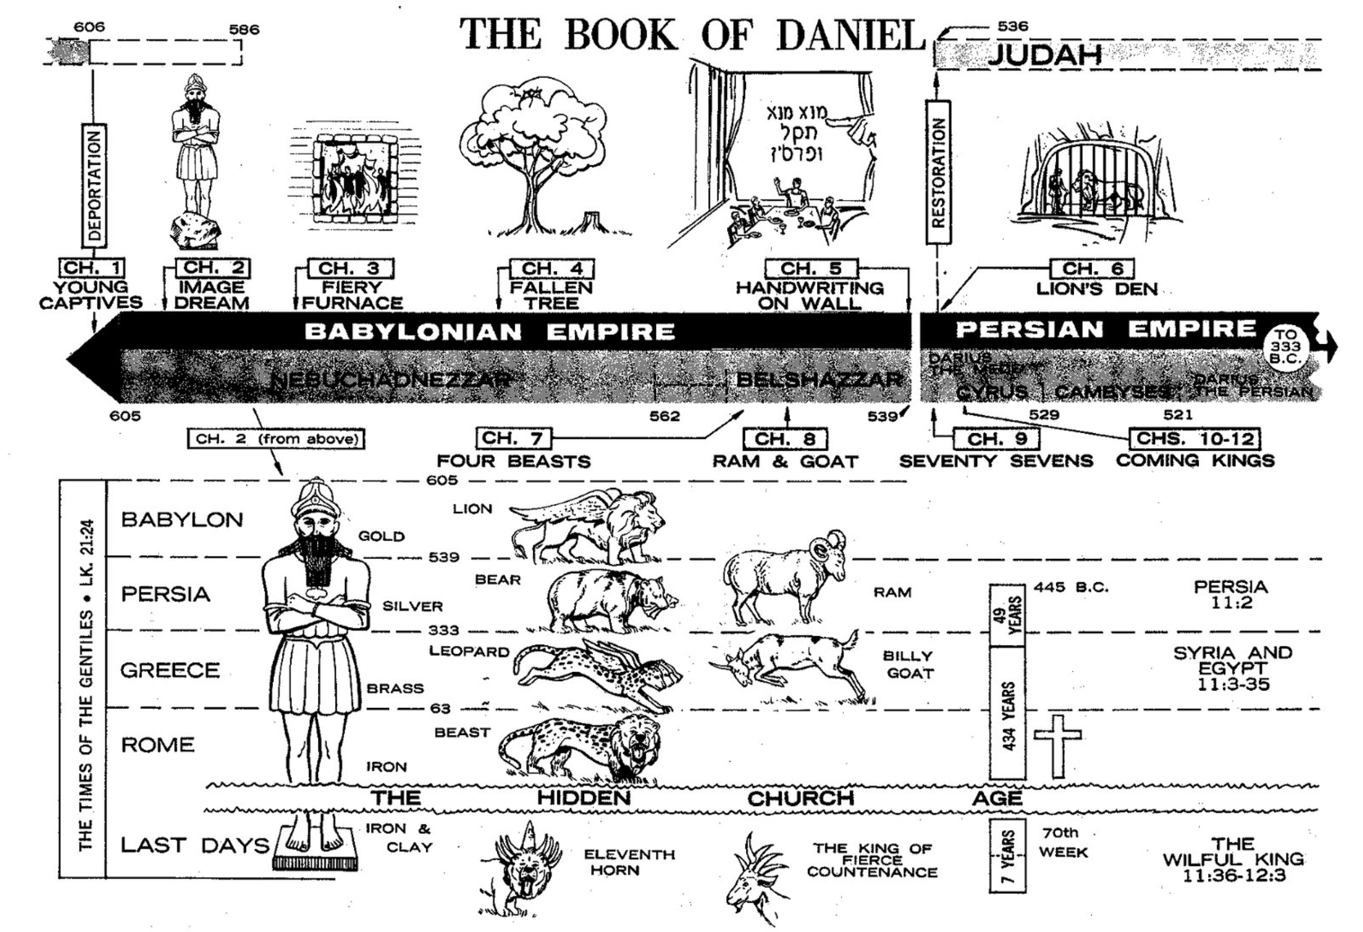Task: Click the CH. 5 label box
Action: (811, 268)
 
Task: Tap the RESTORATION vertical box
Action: (938, 172)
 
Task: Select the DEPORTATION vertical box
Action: (94, 186)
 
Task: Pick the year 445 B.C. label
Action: (1071, 587)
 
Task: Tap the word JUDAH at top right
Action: (1045, 55)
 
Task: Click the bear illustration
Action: (610, 600)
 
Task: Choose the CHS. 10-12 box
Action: (1195, 438)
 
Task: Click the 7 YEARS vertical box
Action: (1007, 855)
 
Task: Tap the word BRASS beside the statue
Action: (395, 688)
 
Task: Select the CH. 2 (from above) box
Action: (276, 439)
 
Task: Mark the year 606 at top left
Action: (89, 27)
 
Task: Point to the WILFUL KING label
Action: (1233, 859)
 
